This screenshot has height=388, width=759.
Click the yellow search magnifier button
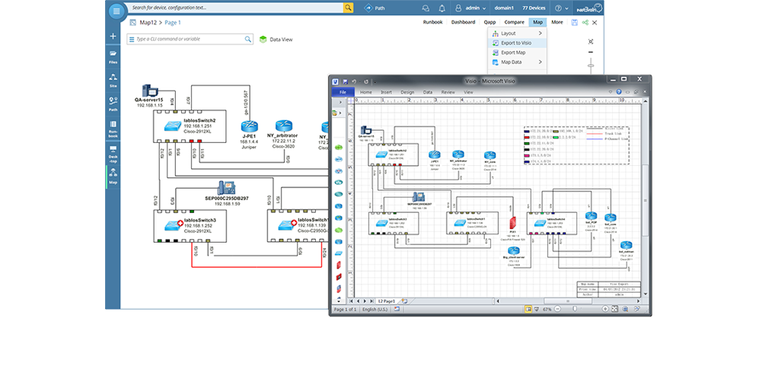(x=348, y=8)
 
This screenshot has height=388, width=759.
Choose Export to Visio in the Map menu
(x=517, y=43)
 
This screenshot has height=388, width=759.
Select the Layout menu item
(x=508, y=33)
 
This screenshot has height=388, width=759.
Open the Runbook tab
(x=432, y=22)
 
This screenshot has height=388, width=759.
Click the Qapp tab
(x=490, y=22)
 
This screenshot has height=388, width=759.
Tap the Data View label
(x=281, y=39)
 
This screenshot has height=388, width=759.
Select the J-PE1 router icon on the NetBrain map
(x=248, y=127)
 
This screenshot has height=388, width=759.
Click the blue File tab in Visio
(x=343, y=92)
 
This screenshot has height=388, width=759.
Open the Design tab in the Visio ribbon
(x=407, y=92)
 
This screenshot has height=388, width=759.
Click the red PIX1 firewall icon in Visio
(x=514, y=224)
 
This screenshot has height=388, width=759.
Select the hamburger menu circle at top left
(x=116, y=11)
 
